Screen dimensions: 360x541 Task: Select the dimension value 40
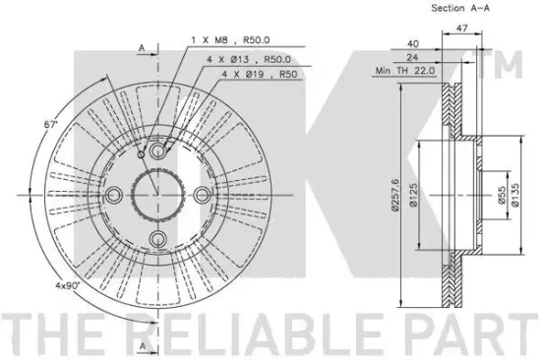pos(413,43)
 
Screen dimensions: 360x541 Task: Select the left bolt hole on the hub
pos(114,192)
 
